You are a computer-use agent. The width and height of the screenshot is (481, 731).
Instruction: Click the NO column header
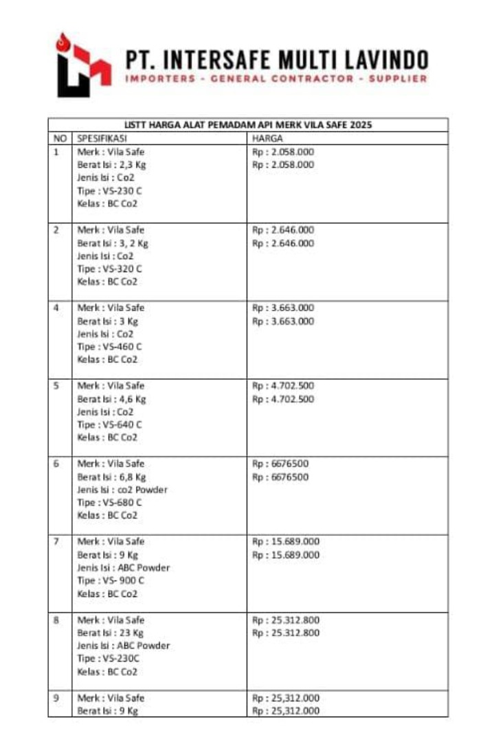(59, 138)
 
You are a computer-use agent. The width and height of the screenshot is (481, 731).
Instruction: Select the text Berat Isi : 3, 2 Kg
(113, 243)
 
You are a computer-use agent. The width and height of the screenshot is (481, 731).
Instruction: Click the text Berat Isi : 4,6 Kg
(111, 398)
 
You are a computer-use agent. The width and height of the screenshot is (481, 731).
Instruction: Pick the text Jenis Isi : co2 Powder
(122, 490)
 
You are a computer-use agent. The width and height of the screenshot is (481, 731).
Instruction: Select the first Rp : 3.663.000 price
(284, 307)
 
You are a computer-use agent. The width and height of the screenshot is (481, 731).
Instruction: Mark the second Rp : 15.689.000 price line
(286, 554)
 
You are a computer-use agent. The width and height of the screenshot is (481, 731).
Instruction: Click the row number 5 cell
(58, 385)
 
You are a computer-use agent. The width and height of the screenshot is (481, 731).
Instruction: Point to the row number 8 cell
(58, 620)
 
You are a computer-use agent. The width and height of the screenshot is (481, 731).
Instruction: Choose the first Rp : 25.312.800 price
(286, 620)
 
